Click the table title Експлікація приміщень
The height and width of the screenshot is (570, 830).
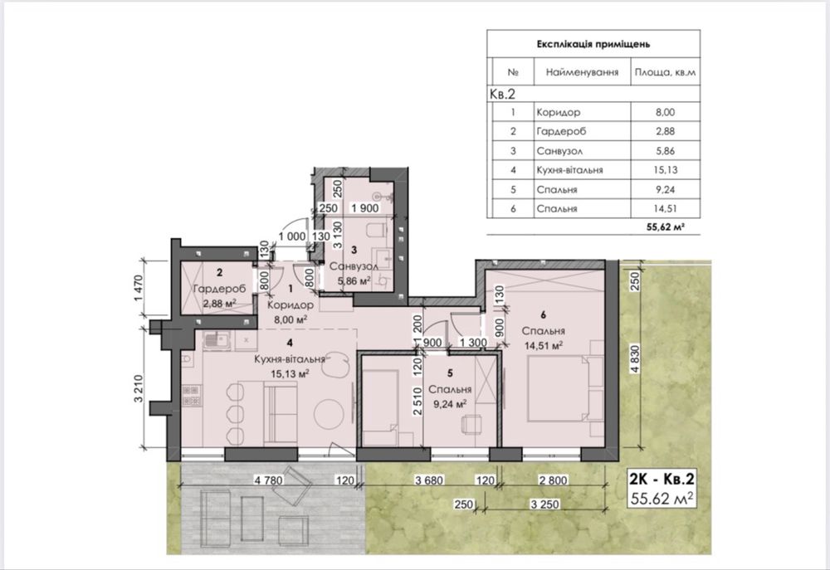pos(593,44)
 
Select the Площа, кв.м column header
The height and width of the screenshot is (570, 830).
pos(665,72)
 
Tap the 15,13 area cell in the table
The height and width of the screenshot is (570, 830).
pos(666,170)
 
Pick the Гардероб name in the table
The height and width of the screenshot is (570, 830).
pos(561,131)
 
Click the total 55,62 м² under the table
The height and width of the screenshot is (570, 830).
pos(666,227)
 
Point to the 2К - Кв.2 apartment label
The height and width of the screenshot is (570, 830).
pos(662,479)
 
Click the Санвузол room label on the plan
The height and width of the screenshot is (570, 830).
pos(354,266)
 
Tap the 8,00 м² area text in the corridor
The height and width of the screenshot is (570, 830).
pos(290,319)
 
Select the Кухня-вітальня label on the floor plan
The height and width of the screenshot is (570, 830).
pos(290,359)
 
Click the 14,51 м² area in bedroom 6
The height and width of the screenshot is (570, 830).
pos(543,346)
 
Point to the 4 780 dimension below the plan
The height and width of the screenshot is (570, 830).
pos(269,480)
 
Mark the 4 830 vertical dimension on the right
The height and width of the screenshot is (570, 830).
pos(635,361)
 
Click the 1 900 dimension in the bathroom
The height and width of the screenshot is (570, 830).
pos(365,208)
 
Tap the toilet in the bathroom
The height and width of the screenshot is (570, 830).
pos(375,231)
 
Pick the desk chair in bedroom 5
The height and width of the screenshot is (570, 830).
pos(471,425)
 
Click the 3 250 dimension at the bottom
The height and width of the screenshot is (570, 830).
pos(544,504)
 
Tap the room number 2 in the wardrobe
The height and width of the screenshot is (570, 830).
pos(220,273)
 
